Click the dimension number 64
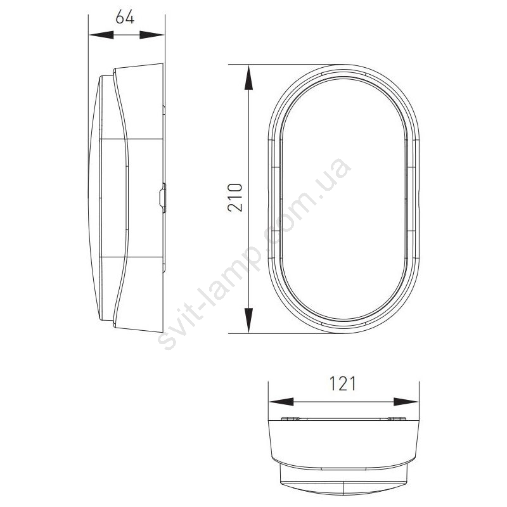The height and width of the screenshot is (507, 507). tap(125, 17)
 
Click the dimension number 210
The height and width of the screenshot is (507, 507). tap(235, 198)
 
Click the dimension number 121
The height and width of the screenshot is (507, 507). tap(342, 383)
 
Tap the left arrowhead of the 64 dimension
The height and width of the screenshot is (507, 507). tap(101, 35)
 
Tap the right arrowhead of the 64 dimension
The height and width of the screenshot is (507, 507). tap(151, 35)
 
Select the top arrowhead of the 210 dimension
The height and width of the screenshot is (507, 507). tap(248, 77)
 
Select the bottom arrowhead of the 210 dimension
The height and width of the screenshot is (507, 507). tap(248, 320)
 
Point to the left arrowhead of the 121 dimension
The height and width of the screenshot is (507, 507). tap(281, 402)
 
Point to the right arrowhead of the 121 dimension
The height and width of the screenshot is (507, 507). tap(406, 402)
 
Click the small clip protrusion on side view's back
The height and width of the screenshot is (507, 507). tap(163, 198)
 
